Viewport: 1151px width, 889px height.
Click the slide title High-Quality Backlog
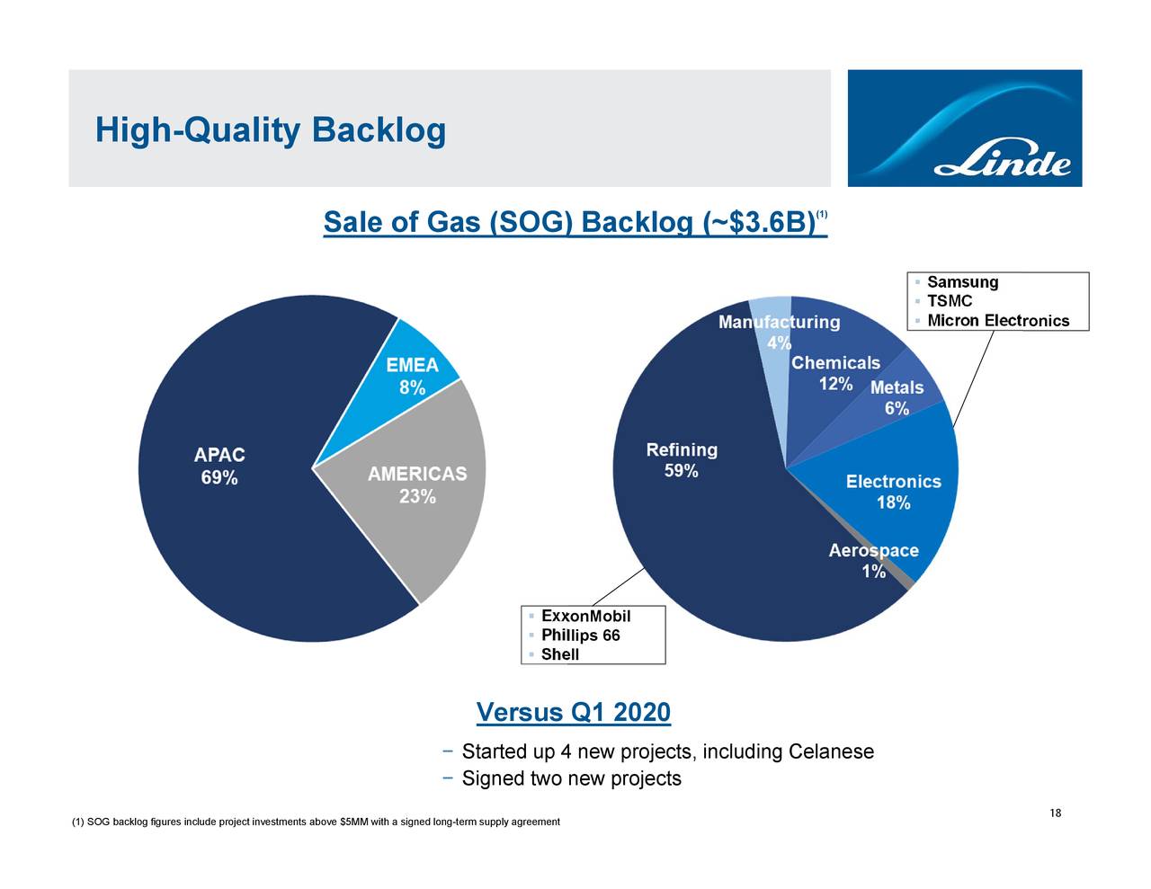(x=270, y=131)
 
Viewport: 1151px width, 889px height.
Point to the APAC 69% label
(x=219, y=467)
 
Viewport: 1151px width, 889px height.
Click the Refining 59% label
(x=682, y=460)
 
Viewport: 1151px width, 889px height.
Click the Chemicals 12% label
(x=835, y=373)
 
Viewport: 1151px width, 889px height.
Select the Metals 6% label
(x=897, y=397)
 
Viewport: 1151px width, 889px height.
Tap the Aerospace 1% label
(x=873, y=561)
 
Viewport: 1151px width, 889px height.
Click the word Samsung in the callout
(x=962, y=282)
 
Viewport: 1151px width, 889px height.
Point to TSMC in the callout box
(x=949, y=301)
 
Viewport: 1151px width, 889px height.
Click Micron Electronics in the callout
(x=998, y=321)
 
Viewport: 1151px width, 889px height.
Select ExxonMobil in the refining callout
(x=585, y=616)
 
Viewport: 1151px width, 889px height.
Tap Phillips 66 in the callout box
(x=580, y=636)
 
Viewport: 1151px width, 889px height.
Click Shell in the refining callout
(x=559, y=654)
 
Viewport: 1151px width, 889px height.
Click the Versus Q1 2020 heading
(x=573, y=713)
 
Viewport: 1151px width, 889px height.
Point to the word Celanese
(x=830, y=751)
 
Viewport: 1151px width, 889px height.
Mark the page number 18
(x=1056, y=813)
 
